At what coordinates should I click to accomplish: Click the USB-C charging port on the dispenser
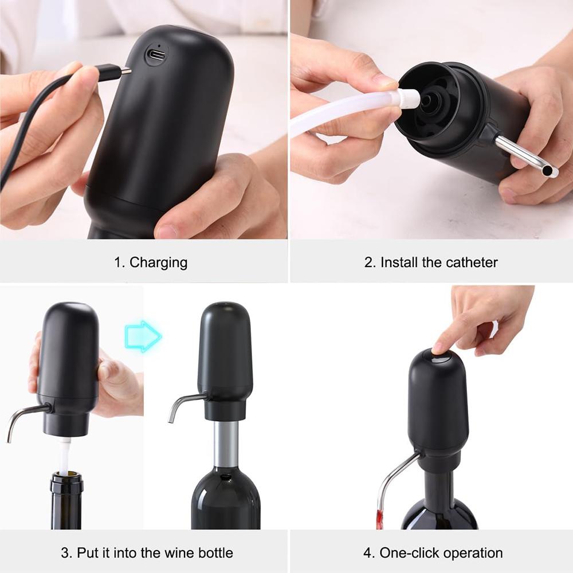tap(155, 55)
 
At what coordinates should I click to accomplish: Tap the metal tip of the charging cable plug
tap(125, 71)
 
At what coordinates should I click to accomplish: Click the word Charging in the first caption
tap(159, 262)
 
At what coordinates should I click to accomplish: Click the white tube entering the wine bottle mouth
tap(64, 456)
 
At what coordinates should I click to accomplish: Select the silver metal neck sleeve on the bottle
tap(226, 444)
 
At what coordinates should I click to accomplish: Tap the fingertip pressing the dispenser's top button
tap(438, 348)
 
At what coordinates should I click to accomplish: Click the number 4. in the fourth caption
tap(369, 553)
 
